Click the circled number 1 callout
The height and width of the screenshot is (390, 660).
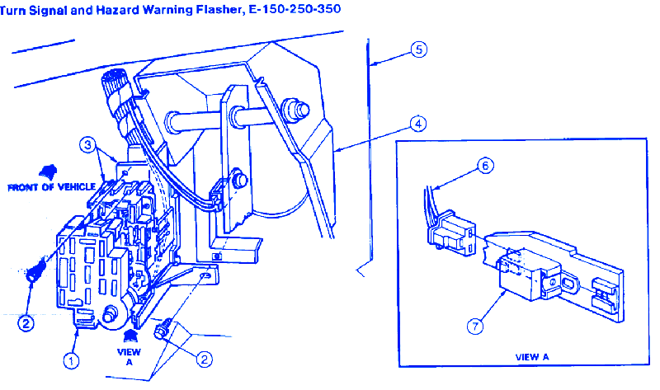(x=72, y=359)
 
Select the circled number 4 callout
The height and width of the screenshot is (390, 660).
(x=418, y=124)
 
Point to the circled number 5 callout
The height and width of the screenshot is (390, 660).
(x=418, y=49)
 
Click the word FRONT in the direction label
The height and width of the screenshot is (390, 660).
(x=23, y=187)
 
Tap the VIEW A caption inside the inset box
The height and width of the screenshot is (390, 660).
(x=531, y=357)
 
